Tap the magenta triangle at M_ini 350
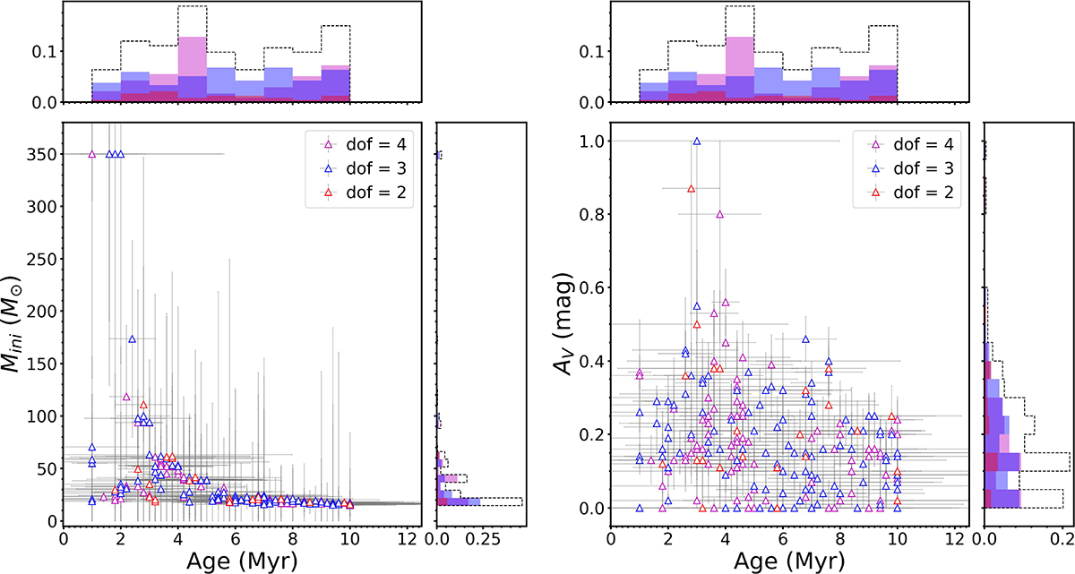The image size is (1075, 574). [x=91, y=154]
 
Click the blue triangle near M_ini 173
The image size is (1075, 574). [x=133, y=339]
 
